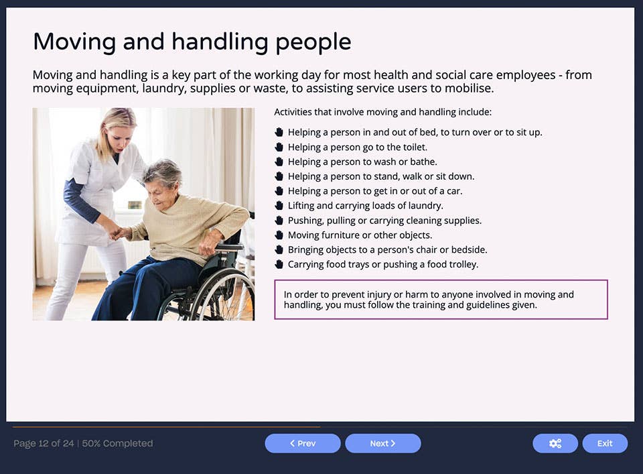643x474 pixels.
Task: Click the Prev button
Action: click(302, 443)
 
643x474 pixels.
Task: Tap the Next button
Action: click(382, 443)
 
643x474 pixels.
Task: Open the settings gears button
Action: click(555, 443)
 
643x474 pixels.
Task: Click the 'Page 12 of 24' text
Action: click(44, 443)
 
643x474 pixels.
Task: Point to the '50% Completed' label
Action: click(117, 443)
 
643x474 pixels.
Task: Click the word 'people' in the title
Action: click(310, 42)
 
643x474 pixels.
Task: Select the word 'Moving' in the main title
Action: click(74, 42)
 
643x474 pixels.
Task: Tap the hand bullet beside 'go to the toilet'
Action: click(279, 147)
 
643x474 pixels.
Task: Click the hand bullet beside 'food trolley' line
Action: click(279, 264)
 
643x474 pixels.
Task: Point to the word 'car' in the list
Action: click(454, 191)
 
